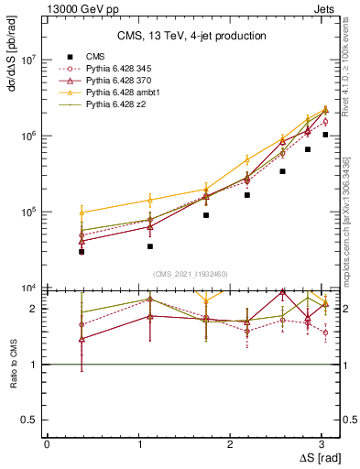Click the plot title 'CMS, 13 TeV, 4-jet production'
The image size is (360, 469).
pos(191,37)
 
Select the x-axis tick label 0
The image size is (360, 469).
pos(47,443)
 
